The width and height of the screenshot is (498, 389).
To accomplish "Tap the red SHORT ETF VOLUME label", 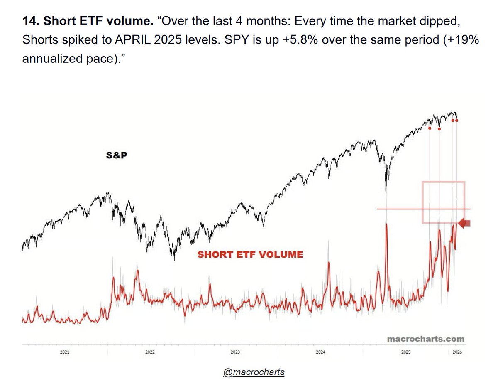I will [x=250, y=254].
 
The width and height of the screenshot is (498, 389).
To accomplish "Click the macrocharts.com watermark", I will [x=426, y=339].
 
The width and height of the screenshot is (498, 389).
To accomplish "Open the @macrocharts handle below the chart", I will [x=254, y=372].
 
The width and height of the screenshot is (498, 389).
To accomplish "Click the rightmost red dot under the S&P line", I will [x=457, y=121].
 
